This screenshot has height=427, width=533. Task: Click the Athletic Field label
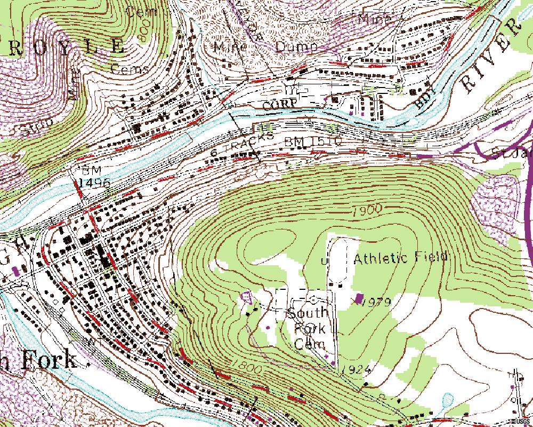pyautogui.click(x=400, y=258)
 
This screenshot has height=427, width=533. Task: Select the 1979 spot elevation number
pyautogui.click(x=376, y=303)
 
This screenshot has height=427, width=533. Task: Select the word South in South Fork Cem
pyautogui.click(x=309, y=313)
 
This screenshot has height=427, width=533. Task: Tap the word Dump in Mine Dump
pyautogui.click(x=296, y=47)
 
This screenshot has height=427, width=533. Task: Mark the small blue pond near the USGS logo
pyautogui.click(x=447, y=400)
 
